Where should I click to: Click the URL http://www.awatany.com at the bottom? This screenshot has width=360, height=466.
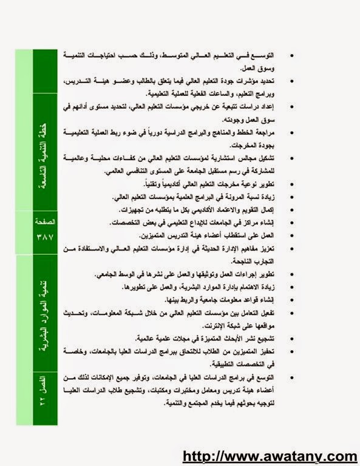[270, 456]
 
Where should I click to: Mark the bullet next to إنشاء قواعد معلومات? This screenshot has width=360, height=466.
[293, 300]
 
